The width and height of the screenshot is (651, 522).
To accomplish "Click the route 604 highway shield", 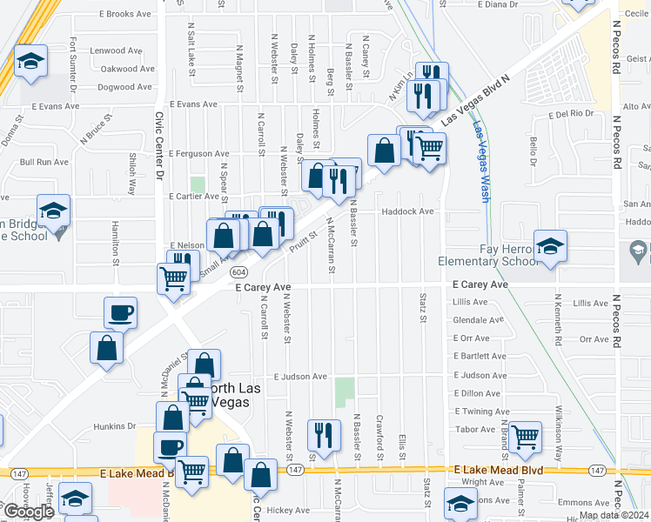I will coord(238,272).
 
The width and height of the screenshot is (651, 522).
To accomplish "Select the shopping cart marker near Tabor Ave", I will coord(525,438).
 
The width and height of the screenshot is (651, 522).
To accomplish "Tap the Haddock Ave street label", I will coord(406,211).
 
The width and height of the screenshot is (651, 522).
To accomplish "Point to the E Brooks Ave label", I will coord(126,14).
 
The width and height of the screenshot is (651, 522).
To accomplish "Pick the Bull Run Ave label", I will coord(44,162).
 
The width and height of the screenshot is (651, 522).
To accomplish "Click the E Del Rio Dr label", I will coord(570,114).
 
